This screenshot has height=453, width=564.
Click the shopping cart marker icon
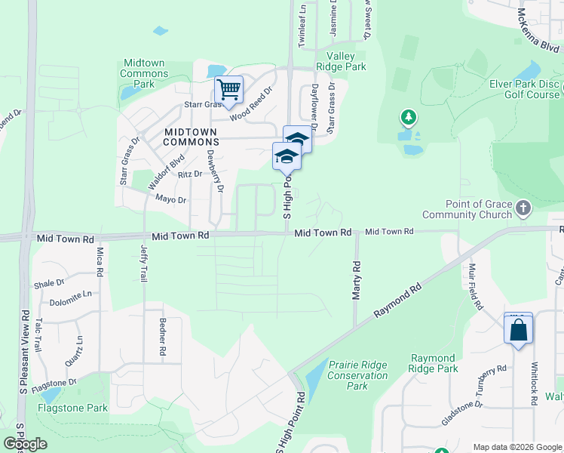coord(228,90)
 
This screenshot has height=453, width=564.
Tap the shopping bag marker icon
coord(518,329)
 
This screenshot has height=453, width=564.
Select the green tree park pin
coord(408,117)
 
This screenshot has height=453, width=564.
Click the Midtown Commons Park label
coord(144,74)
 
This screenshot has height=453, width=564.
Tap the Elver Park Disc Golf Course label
coord(524,89)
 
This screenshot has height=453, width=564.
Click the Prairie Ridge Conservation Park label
coord(357,375)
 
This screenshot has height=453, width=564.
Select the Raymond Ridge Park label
coord(434,363)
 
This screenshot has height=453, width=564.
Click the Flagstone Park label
coord(72,408)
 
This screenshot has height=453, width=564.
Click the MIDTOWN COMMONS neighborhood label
coord(180,137)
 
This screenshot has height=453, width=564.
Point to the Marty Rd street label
coord(357,279)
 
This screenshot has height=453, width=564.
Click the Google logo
coord(25,444)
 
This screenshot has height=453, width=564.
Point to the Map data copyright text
coord(516,447)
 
